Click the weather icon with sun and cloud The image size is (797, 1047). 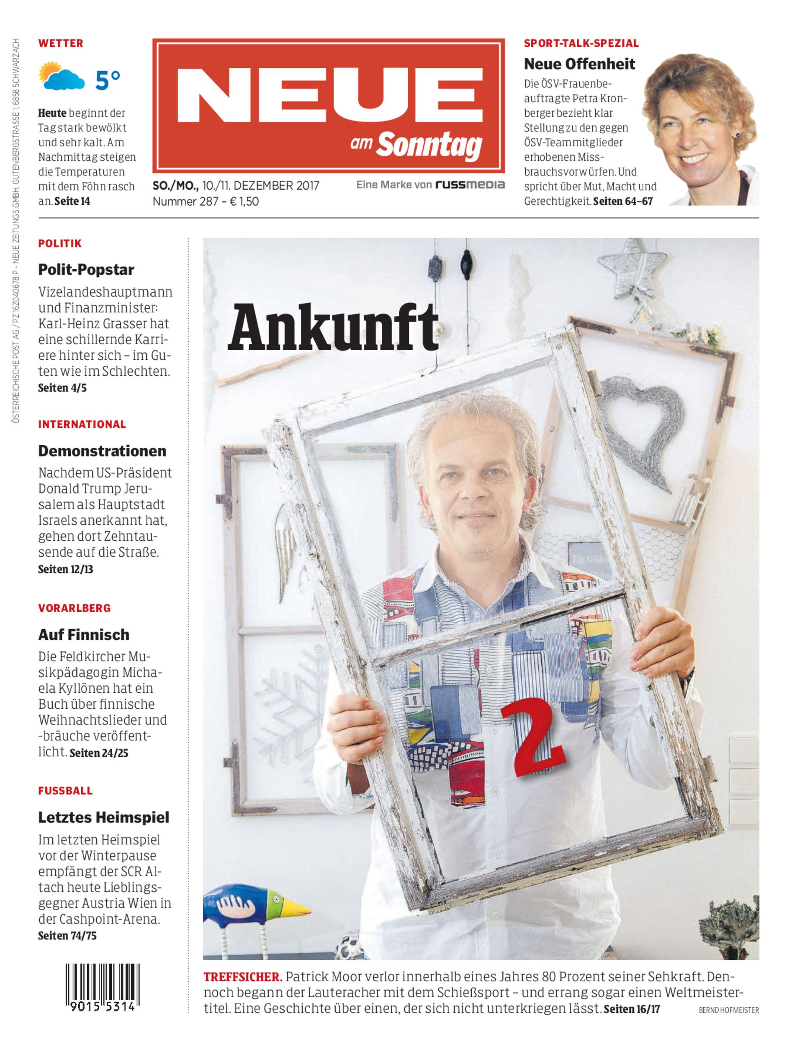61,76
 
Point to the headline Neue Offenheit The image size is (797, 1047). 579,64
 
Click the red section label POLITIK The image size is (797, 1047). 60,243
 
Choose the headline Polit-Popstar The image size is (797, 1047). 86,269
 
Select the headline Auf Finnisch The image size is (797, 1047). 83,634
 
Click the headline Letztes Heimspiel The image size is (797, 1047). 103,817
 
